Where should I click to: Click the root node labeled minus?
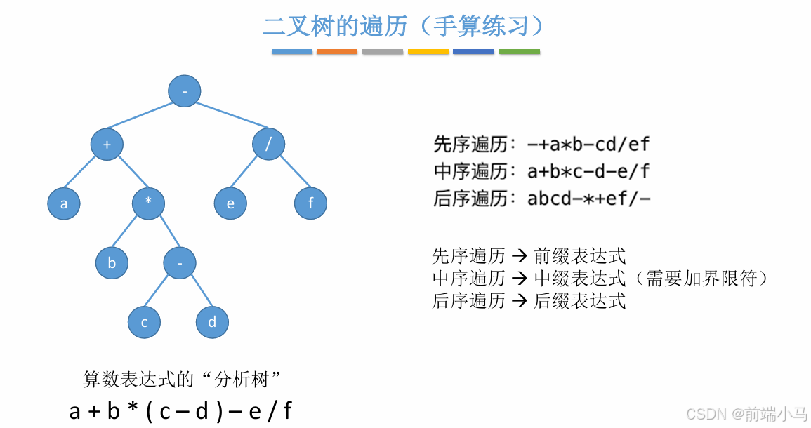[185, 91]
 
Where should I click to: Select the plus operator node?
[107, 145]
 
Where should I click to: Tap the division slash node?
[269, 145]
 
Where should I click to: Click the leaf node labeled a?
[64, 204]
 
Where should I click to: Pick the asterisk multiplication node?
[149, 203]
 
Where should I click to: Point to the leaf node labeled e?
[231, 204]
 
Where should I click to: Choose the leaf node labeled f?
[310, 204]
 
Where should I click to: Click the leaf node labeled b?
[112, 264]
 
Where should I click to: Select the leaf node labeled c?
[145, 323]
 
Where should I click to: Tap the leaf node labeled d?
[212, 323]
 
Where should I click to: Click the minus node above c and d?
[180, 264]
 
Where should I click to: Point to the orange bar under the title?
[337, 52]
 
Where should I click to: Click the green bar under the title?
[520, 52]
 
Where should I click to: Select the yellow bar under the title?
[428, 52]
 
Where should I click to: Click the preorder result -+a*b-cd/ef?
[588, 145]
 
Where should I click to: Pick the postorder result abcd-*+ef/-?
[588, 199]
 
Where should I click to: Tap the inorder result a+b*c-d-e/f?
[588, 172]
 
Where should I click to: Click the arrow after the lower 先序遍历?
[520, 256]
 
